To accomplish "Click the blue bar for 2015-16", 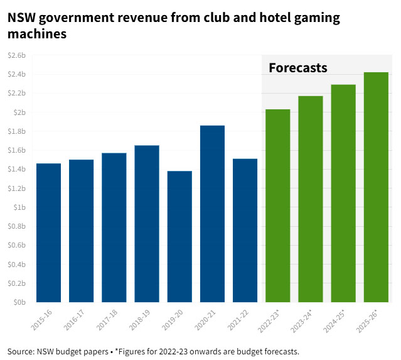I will tap(48, 232).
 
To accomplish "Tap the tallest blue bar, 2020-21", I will tap(212, 214).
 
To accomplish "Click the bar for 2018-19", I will tap(147, 224).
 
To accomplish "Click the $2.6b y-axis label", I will tap(16, 55).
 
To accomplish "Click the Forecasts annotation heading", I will tap(298, 68).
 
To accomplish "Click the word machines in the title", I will tap(36, 35).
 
